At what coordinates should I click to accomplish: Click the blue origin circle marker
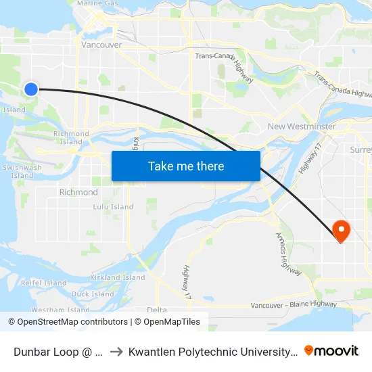pos(30,89)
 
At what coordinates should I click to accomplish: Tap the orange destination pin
pos(340,231)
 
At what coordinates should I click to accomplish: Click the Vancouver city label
pos(101,45)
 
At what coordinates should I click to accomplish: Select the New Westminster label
pos(302,126)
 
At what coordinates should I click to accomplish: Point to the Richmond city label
pos(78,192)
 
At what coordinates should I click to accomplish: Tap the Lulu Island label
pos(113,207)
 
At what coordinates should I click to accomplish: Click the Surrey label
pos(361,149)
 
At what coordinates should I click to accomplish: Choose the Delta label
pos(156,310)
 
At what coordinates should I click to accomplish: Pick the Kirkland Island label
pos(118,277)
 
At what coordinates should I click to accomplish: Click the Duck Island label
pos(93,294)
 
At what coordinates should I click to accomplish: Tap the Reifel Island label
pos(44,283)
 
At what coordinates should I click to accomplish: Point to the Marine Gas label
pos(97,3)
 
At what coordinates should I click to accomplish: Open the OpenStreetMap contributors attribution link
pos(68,322)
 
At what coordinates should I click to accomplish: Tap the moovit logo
pos(331,350)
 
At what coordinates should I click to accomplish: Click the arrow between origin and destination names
pos(115,351)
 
